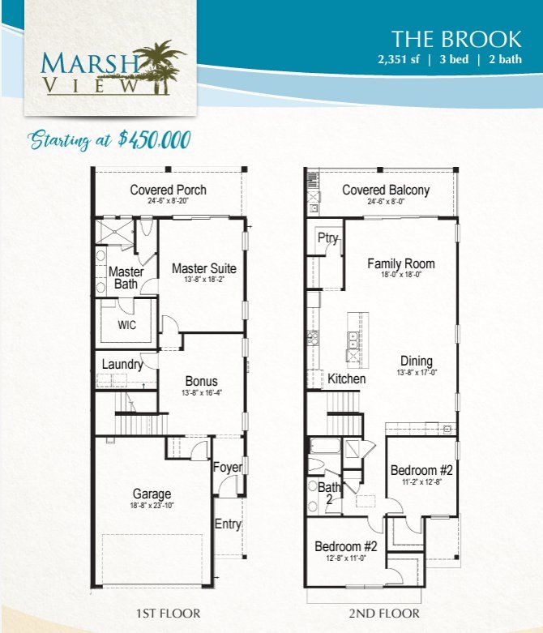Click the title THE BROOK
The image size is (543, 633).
[456, 39]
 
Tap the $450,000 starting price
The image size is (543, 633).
[155, 139]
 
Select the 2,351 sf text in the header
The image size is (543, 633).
[399, 59]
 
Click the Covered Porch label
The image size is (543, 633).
[168, 190]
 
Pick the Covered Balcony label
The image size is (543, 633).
[386, 190]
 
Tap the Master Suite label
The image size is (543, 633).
[204, 268]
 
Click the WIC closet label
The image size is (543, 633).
[126, 325]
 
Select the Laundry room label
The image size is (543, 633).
[122, 365]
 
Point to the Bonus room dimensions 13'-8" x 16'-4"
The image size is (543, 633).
[202, 392]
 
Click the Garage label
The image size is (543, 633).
[152, 494]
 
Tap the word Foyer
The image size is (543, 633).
[228, 467]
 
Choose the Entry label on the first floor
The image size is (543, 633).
[228, 524]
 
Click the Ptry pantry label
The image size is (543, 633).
[327, 237]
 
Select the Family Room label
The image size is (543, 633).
[401, 263]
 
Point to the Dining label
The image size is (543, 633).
[417, 361]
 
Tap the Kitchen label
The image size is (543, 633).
[346, 379]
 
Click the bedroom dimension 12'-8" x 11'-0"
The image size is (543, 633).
[345, 558]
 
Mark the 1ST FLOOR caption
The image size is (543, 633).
[168, 614]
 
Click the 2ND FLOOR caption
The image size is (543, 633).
[384, 614]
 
